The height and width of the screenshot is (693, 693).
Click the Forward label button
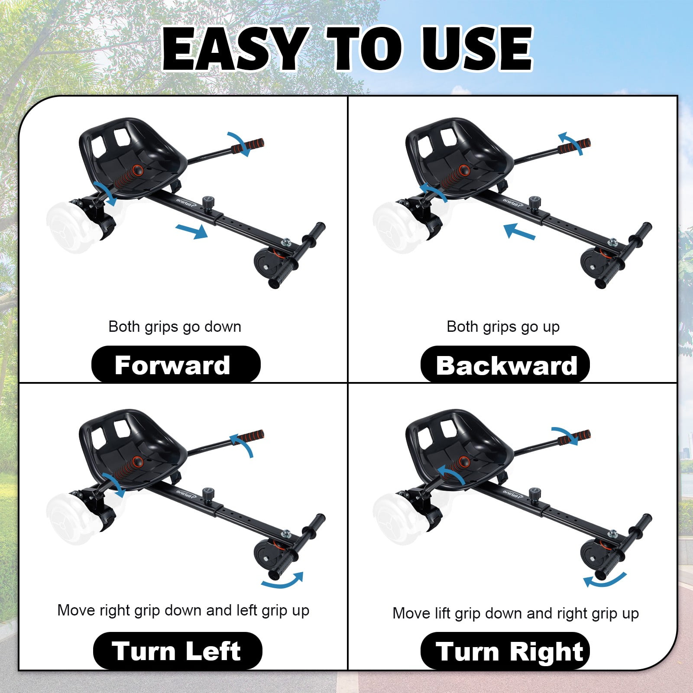(x=176, y=364)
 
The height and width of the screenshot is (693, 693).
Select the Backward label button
(x=505, y=364)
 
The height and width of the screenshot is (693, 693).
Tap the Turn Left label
(x=178, y=651)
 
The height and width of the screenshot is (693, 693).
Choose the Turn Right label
(x=505, y=651)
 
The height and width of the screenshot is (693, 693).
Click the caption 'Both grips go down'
(x=175, y=327)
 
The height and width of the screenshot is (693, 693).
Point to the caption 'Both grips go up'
(x=503, y=327)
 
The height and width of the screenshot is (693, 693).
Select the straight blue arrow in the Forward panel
(x=191, y=231)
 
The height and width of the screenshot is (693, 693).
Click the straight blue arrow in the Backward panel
(x=520, y=231)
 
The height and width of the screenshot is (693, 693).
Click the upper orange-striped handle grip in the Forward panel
(x=247, y=146)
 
